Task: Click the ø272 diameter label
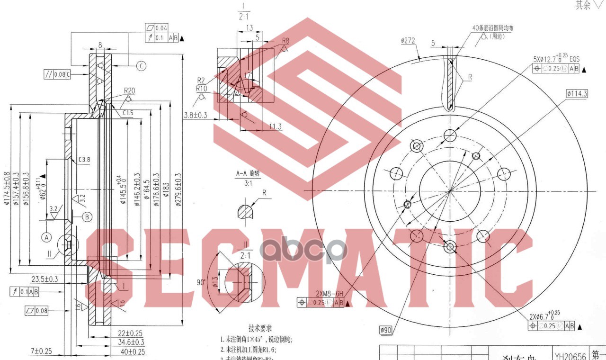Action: coord(408,41)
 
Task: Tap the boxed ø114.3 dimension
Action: coord(576,94)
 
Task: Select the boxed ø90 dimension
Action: coord(386,330)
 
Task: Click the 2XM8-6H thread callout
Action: coord(329,294)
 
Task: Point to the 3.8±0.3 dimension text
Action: coord(196,115)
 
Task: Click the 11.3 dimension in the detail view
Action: coord(275,126)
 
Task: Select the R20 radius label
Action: coord(129,91)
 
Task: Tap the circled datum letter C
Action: coord(141,66)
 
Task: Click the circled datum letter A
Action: coord(46,236)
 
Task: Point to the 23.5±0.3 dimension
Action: coord(45,279)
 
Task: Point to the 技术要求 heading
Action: coord(260,328)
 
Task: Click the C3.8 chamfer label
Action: coord(84,159)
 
